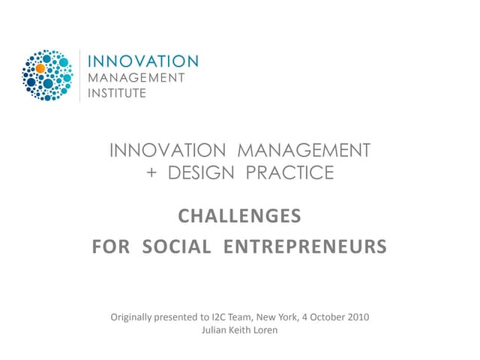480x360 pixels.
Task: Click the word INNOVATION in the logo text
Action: [143, 61]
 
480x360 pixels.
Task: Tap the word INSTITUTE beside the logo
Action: [118, 94]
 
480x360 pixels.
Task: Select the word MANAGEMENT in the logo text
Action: [136, 78]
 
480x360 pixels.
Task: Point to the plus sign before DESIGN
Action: [152, 172]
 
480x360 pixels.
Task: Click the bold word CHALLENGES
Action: [239, 217]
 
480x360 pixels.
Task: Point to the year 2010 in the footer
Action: [356, 316]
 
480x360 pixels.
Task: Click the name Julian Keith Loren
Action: [239, 330]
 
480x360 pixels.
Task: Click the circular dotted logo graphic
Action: [46, 76]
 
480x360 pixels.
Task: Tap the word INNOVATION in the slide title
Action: [169, 151]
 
